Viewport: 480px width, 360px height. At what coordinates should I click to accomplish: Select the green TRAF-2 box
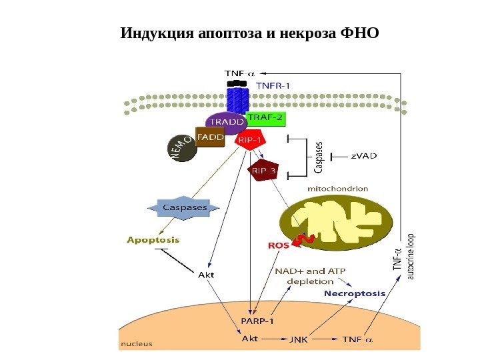point(265,119)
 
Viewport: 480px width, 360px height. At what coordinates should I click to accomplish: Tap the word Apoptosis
point(153,239)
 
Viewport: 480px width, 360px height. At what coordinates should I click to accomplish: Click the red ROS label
point(279,245)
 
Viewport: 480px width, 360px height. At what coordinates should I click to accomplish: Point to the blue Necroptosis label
point(355,293)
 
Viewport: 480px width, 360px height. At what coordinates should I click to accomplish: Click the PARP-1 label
point(257,321)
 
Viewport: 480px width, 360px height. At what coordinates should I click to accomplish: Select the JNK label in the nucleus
point(298,339)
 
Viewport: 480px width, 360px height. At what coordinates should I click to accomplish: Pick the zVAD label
point(363,156)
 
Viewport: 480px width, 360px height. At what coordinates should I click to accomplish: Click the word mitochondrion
point(337,189)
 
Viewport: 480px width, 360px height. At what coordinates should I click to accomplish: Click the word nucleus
point(137,344)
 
